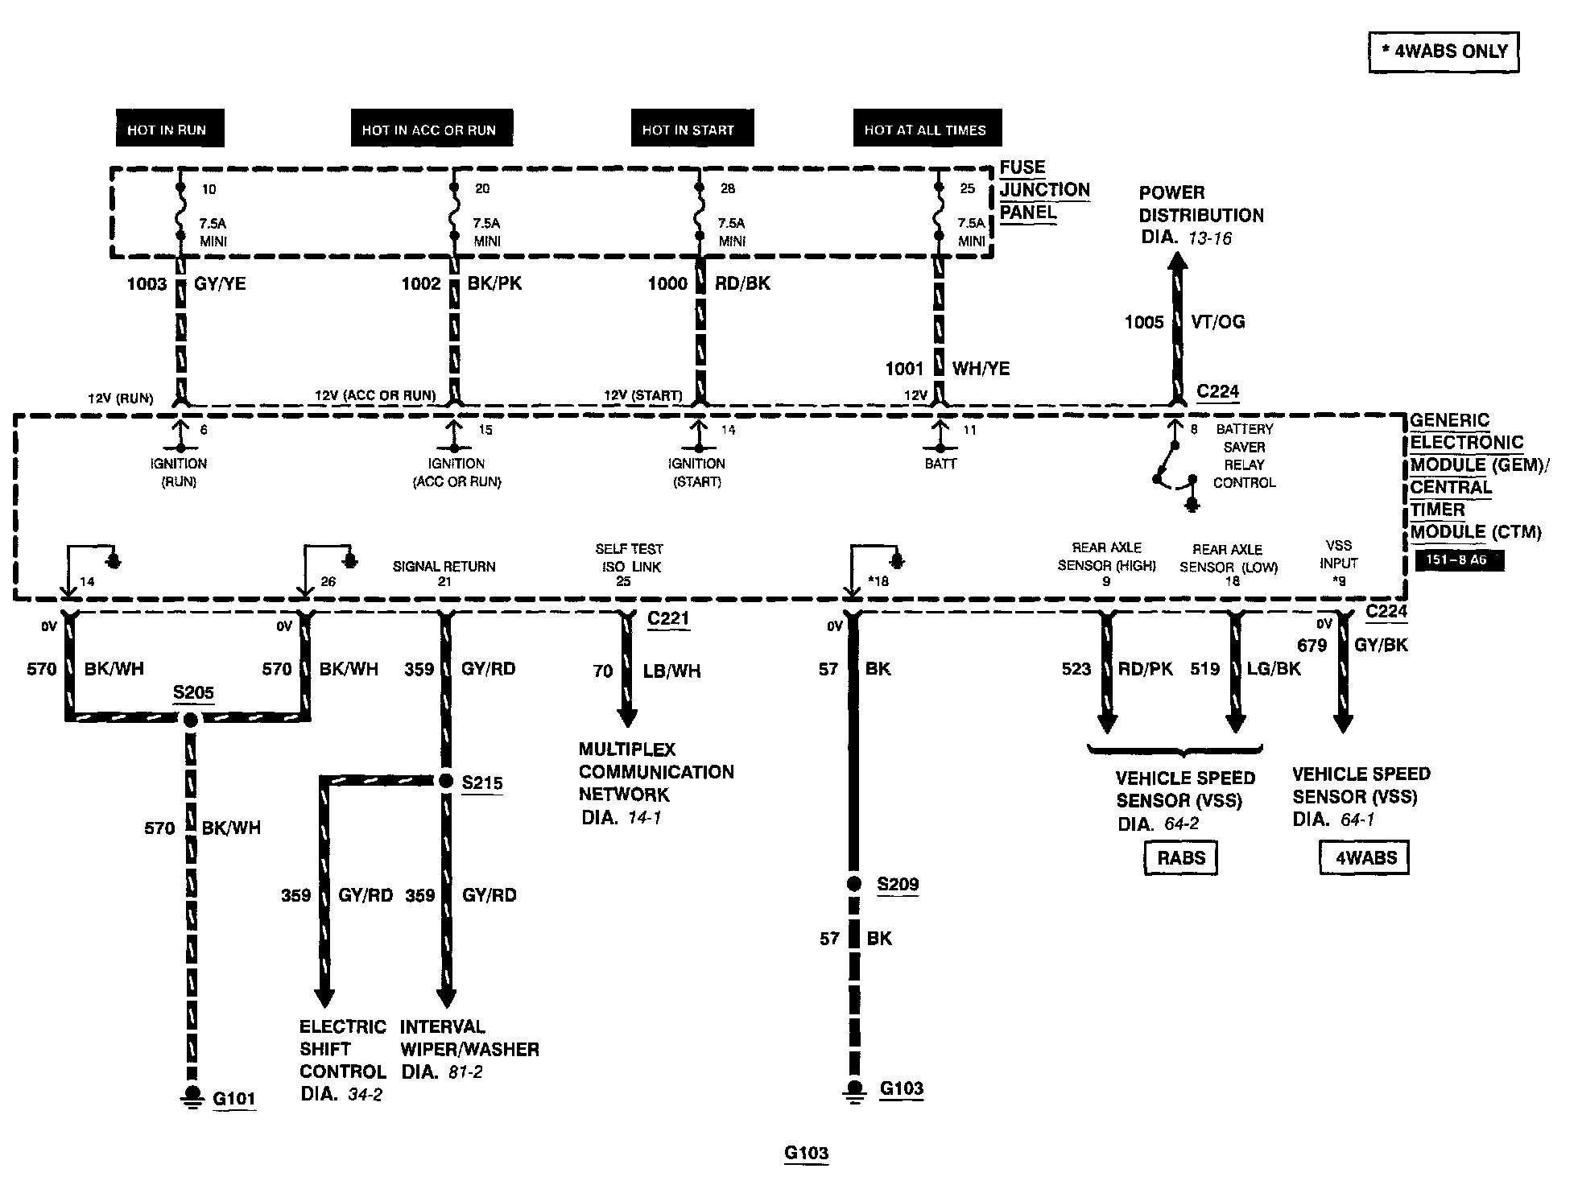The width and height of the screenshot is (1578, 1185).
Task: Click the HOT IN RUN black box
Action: [x=167, y=129]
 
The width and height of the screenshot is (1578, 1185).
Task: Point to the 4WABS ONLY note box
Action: [x=1444, y=52]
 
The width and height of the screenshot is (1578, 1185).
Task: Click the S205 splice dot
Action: [x=191, y=720]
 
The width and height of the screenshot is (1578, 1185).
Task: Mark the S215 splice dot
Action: [x=445, y=781]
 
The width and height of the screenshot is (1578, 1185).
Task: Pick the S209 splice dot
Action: [x=854, y=884]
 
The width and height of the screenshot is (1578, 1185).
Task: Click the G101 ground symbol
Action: [x=192, y=1096]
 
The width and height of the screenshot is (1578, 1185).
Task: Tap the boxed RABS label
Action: [x=1181, y=857]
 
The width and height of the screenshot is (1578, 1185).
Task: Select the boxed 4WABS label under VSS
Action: [x=1366, y=857]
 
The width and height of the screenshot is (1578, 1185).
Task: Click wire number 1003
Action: [x=147, y=283]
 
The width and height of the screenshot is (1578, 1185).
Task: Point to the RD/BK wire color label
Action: [x=742, y=283]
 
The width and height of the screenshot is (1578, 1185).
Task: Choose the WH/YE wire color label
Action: [x=981, y=369]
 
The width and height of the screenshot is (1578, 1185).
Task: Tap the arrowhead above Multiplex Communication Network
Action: [x=627, y=716]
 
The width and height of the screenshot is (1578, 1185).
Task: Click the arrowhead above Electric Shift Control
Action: [x=324, y=997]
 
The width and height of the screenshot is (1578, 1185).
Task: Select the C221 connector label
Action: [x=668, y=618]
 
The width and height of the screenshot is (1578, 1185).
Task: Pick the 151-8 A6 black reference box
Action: [x=1459, y=559]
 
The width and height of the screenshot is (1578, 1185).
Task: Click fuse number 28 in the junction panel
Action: [x=728, y=188]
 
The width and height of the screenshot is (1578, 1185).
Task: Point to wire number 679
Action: [x=1312, y=646]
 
